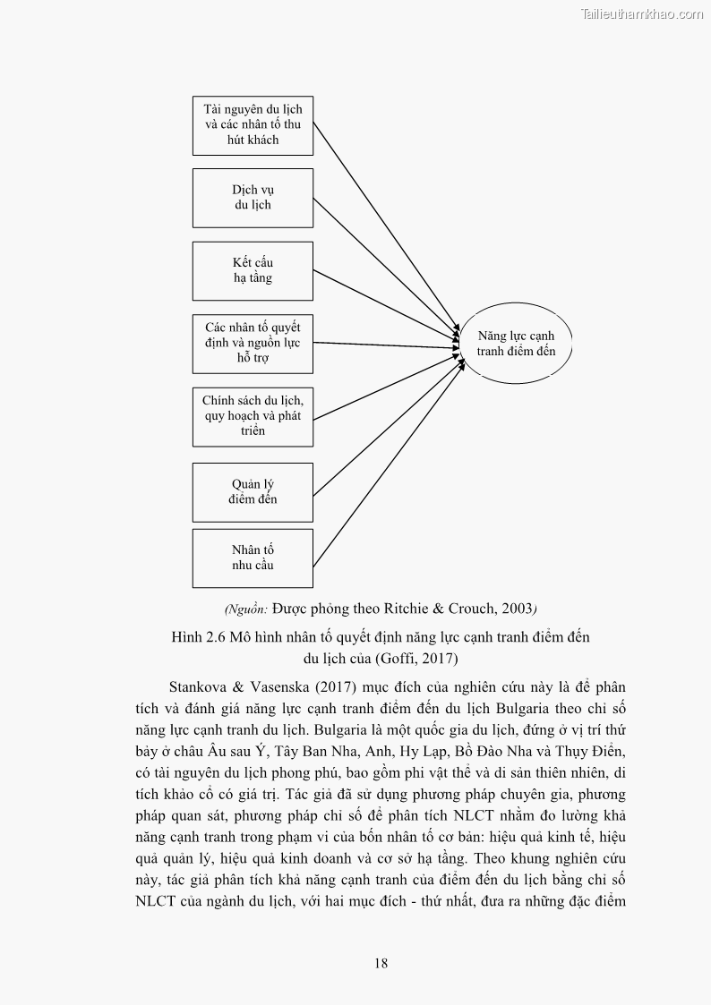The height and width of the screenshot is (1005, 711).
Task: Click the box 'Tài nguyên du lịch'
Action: coord(253,124)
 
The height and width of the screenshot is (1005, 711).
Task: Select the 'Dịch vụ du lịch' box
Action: coord(253,198)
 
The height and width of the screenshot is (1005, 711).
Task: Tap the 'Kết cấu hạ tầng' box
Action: coord(253,270)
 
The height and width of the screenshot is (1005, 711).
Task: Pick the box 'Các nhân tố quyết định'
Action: coord(253,344)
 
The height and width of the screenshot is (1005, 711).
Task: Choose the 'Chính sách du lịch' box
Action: coord(253,416)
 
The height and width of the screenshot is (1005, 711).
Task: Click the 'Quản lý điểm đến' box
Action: coord(253,492)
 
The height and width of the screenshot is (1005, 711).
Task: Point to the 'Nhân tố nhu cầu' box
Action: coord(253,558)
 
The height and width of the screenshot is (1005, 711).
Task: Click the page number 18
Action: coord(381,963)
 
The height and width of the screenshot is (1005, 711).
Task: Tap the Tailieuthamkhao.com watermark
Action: coord(642,13)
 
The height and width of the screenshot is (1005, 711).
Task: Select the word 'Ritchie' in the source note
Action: coord(407,609)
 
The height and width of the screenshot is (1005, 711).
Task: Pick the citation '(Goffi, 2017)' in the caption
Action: coord(415,660)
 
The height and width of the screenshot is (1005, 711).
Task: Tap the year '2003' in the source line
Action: coord(517,609)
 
